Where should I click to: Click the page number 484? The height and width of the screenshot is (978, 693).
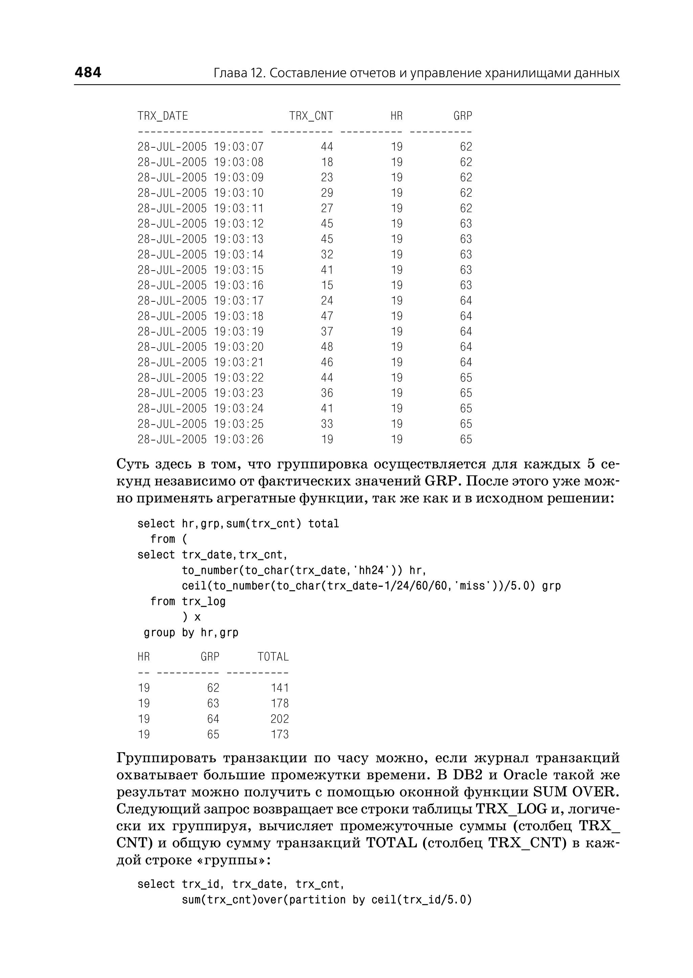(88, 72)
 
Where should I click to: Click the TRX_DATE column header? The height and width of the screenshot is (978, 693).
(162, 116)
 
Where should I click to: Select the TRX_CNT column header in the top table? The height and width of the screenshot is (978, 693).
(311, 116)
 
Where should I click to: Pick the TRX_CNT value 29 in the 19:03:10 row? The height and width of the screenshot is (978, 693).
(327, 193)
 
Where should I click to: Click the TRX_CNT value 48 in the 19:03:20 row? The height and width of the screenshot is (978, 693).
(327, 347)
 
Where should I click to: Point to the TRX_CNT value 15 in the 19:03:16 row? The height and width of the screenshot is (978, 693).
(327, 285)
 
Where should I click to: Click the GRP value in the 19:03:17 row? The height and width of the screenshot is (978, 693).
(466, 301)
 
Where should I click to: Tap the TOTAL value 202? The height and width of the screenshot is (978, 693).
(280, 719)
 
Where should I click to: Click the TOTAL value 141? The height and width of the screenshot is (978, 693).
(280, 688)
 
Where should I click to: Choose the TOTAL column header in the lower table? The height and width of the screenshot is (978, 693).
(273, 657)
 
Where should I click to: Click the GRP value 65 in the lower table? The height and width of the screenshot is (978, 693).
(213, 734)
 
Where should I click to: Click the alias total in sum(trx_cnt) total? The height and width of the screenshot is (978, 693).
(323, 524)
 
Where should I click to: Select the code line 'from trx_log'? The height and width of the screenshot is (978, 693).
(188, 601)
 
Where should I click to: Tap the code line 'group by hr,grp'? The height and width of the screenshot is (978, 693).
(191, 632)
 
